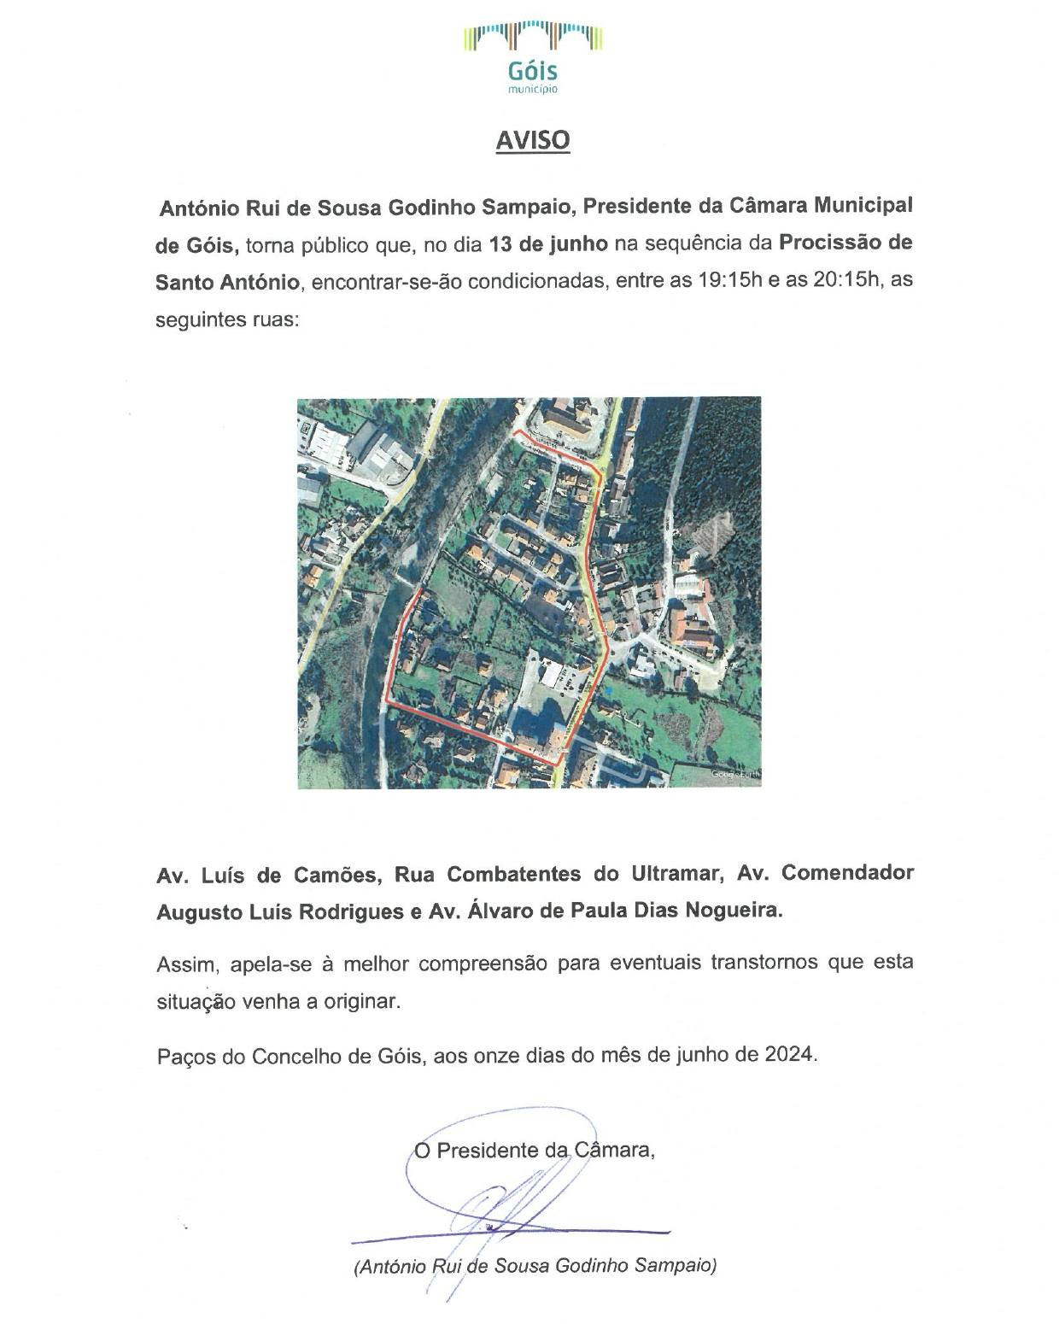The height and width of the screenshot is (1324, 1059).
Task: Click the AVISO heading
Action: pos(532,140)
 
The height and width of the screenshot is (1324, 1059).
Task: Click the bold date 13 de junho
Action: pos(548,243)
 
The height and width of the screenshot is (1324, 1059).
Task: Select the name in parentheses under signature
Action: pos(535,1266)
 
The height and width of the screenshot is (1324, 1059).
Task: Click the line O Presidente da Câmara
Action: pos(535,1151)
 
